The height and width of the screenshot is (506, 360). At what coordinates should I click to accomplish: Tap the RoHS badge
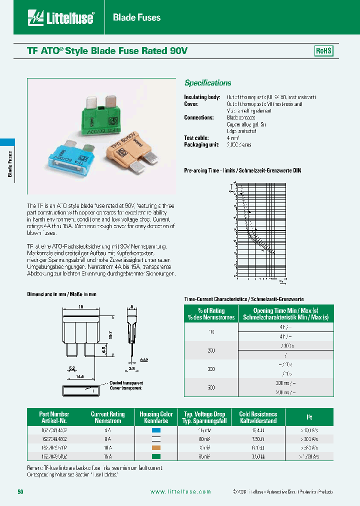coord(323,51)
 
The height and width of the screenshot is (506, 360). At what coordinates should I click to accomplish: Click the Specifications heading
coord(207,83)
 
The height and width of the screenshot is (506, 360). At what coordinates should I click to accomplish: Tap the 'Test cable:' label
coord(196,138)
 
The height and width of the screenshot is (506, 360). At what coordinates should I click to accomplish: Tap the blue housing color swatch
coord(156,429)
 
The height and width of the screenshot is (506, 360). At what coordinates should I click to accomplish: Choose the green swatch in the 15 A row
coord(156,456)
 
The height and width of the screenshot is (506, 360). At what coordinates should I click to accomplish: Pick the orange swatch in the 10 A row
coord(156,447)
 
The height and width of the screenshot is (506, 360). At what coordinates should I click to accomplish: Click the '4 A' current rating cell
coord(107,429)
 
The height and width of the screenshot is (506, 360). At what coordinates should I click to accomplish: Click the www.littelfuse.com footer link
coord(180,492)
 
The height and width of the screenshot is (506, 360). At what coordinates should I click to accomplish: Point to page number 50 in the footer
coord(20,492)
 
